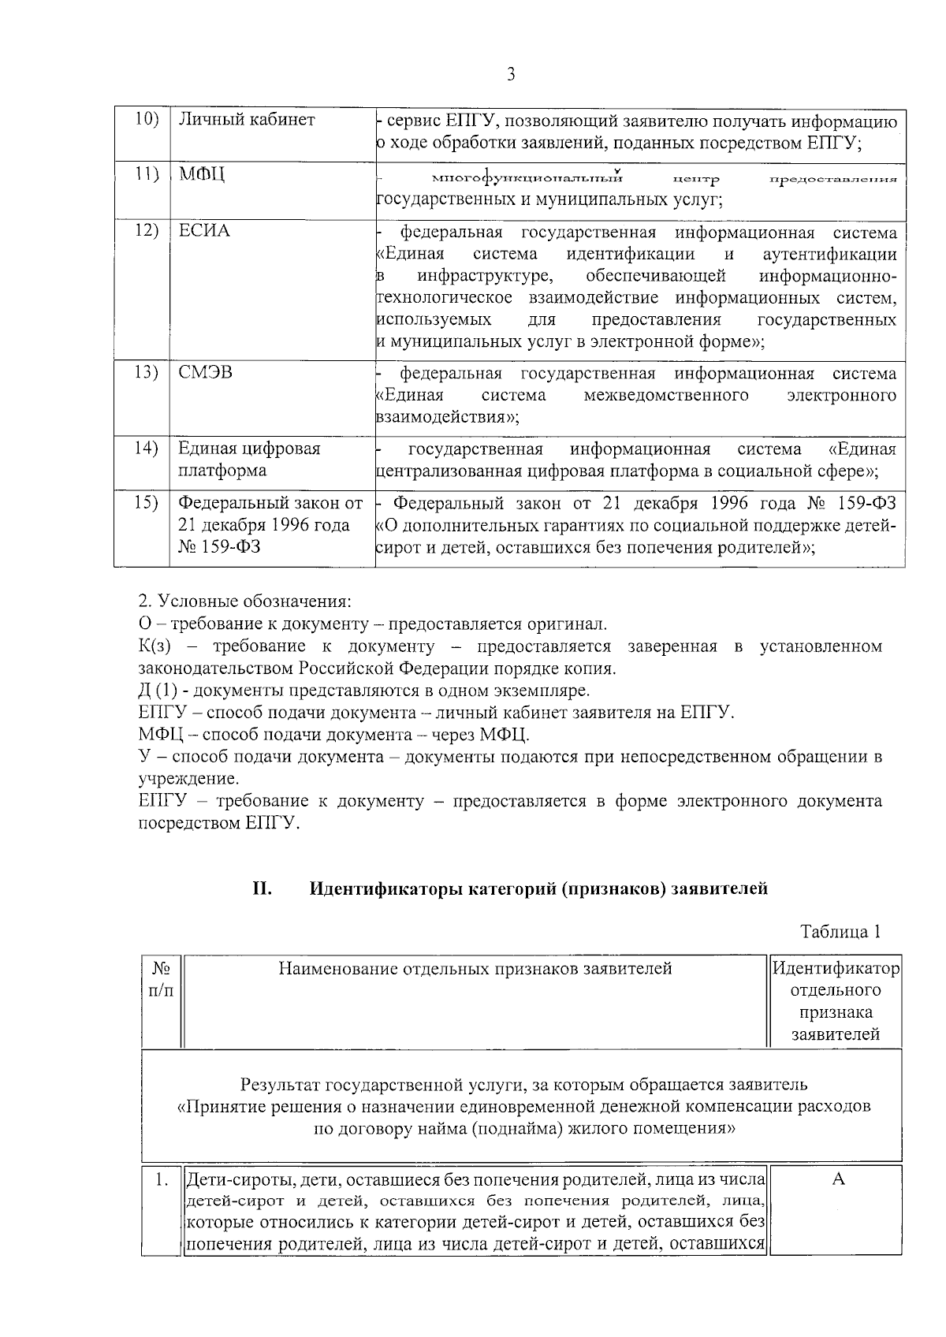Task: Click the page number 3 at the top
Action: pyautogui.click(x=511, y=75)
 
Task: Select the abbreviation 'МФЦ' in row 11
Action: pyautogui.click(x=202, y=175)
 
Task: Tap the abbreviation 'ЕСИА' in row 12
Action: pyautogui.click(x=204, y=231)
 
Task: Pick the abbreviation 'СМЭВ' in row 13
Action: pyautogui.click(x=205, y=372)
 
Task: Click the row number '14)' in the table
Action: pyautogui.click(x=147, y=448)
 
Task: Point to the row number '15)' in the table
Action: pyautogui.click(x=147, y=502)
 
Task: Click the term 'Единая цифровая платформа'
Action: pyautogui.click(x=249, y=459)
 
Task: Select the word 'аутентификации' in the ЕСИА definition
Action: pyautogui.click(x=829, y=254)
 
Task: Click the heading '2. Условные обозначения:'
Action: pyautogui.click(x=244, y=601)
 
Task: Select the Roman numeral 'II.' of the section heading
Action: pyautogui.click(x=263, y=888)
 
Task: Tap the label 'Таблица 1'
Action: pyautogui.click(x=840, y=932)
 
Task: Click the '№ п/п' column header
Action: pyautogui.click(x=161, y=978)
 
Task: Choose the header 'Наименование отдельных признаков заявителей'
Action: pyautogui.click(x=475, y=968)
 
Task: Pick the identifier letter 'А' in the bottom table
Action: pyautogui.click(x=838, y=1179)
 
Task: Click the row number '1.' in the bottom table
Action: pyautogui.click(x=162, y=1180)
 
